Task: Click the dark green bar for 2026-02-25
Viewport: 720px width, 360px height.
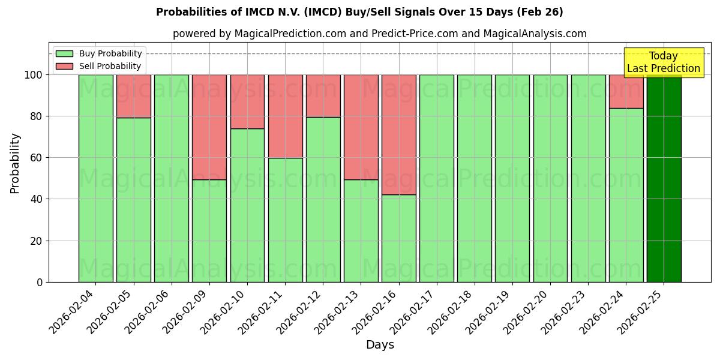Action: [x=664, y=180]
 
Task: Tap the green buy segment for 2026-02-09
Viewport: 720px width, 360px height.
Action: [x=209, y=230]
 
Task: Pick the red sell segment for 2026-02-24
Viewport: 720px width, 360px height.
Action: [x=626, y=91]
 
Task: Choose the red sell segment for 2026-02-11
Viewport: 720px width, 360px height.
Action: [x=285, y=116]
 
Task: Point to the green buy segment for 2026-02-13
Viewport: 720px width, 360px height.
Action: [x=361, y=230]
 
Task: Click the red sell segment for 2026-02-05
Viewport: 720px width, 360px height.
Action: [x=133, y=96]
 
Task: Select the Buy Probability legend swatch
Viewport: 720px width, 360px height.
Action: [x=64, y=54]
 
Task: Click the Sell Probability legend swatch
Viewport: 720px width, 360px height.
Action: [x=64, y=66]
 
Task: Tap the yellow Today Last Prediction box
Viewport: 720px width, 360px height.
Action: [x=663, y=62]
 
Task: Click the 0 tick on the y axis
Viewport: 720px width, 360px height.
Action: [x=40, y=282]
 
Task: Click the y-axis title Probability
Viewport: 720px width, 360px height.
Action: [x=15, y=163]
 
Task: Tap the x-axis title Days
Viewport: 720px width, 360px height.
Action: [x=380, y=345]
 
